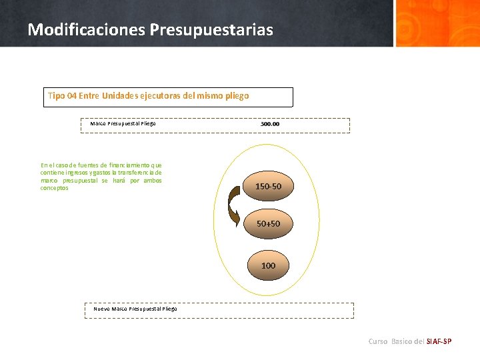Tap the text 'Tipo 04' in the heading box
62,96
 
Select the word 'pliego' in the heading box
235,96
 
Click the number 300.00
270,124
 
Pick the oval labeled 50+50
269,224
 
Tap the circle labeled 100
268,265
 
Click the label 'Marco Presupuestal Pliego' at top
123,123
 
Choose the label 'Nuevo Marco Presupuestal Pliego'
135,309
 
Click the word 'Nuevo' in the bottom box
102,309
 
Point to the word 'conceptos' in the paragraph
54,188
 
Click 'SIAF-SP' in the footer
439,341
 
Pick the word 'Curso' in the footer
378,341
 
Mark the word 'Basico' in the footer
401,341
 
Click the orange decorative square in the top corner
437,23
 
